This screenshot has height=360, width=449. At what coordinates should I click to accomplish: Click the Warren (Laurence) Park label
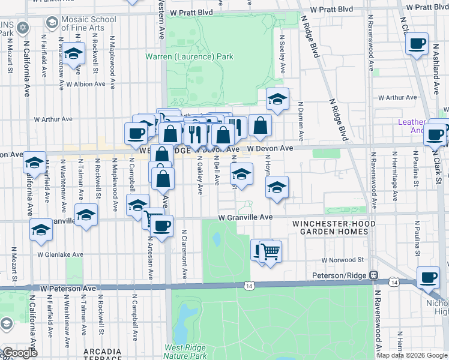coord(189,56)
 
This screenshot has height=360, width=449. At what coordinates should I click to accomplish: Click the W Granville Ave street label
coord(246,217)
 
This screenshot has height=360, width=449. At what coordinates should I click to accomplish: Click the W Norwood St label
coord(343,260)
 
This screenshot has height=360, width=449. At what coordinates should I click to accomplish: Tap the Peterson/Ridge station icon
coord(373,275)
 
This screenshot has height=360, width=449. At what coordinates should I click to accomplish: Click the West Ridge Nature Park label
coord(185,352)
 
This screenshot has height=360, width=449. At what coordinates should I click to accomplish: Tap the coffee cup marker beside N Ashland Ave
coord(417,44)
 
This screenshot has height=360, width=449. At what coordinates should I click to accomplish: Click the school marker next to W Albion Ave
coord(74,55)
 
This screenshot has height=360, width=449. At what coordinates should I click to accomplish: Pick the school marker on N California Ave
coord(35,162)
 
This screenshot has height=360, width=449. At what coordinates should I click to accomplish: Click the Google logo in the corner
coord(20,353)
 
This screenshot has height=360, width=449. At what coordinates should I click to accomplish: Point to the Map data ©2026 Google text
coord(411,355)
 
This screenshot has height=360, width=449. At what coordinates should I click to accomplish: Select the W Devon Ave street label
coord(270,148)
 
